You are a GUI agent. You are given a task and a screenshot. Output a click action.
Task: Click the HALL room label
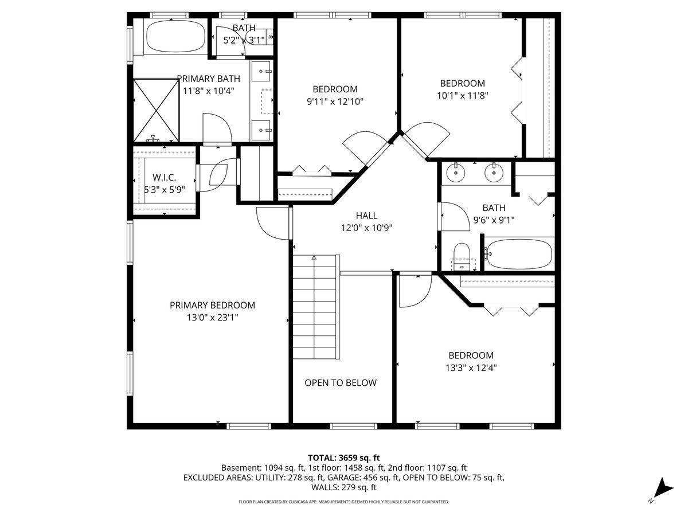point(366,216)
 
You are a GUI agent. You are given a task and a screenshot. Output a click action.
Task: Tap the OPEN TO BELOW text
point(341,382)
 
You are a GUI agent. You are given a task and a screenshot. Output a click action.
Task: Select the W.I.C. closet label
point(164,178)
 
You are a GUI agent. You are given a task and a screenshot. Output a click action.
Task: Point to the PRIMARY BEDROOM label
point(212,305)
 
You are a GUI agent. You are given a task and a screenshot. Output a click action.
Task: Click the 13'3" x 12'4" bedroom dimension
point(471,368)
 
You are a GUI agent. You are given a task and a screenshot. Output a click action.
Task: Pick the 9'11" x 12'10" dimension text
point(335,101)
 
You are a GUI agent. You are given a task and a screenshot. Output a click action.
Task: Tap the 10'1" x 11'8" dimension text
point(463,96)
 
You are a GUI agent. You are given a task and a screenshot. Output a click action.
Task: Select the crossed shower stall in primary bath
point(156,110)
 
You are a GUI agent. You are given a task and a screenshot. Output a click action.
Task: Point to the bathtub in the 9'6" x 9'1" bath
point(519,254)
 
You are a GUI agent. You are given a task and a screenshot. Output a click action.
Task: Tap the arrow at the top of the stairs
point(314,258)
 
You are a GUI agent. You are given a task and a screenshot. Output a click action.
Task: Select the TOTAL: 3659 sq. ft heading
point(344,458)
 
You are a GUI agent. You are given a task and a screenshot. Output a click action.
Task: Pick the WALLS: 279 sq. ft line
point(344,487)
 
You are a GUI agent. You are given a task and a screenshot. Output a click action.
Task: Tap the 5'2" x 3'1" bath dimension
point(244,40)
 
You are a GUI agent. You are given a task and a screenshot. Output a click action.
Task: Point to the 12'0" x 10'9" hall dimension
point(367,228)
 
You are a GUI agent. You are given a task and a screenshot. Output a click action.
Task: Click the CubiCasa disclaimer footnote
point(344,502)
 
